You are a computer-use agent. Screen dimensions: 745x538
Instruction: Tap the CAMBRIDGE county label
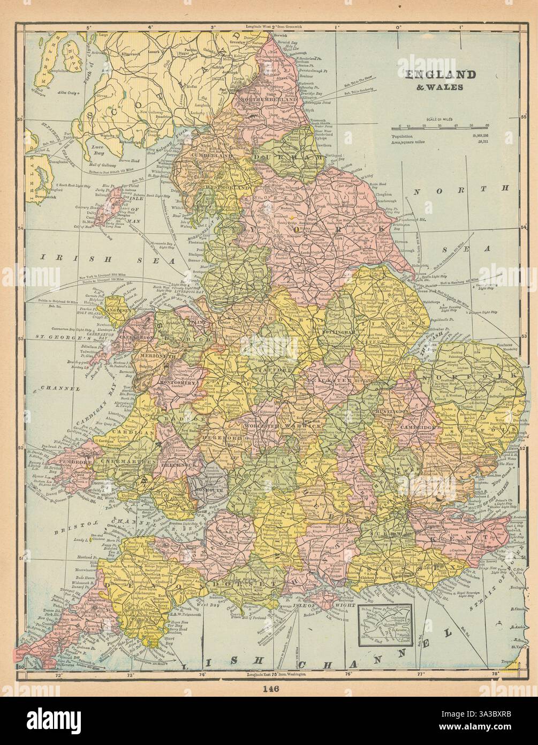pos(416,428)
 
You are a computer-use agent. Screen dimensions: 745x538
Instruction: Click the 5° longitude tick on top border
pos(89,26)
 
